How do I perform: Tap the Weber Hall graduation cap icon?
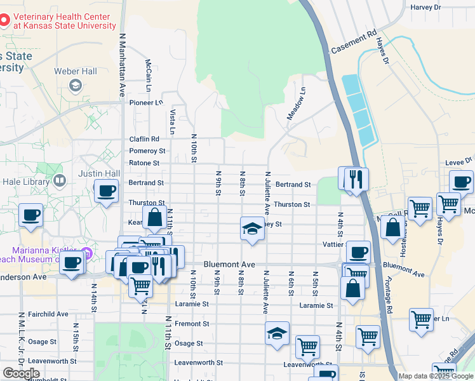pos(75,85)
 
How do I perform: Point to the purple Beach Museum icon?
pos(88,255)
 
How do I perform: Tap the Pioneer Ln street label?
pos(146,102)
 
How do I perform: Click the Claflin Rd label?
pos(144,139)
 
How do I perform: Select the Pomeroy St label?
pos(147,151)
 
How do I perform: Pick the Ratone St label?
pos(144,163)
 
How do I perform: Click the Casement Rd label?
pos(354,44)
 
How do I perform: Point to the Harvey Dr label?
pos(425,8)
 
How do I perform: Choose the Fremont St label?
pos(192,324)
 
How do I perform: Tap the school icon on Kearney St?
pos(252,228)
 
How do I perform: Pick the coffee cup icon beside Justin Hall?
pos(106,190)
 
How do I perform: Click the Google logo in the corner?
pos(21,373)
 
